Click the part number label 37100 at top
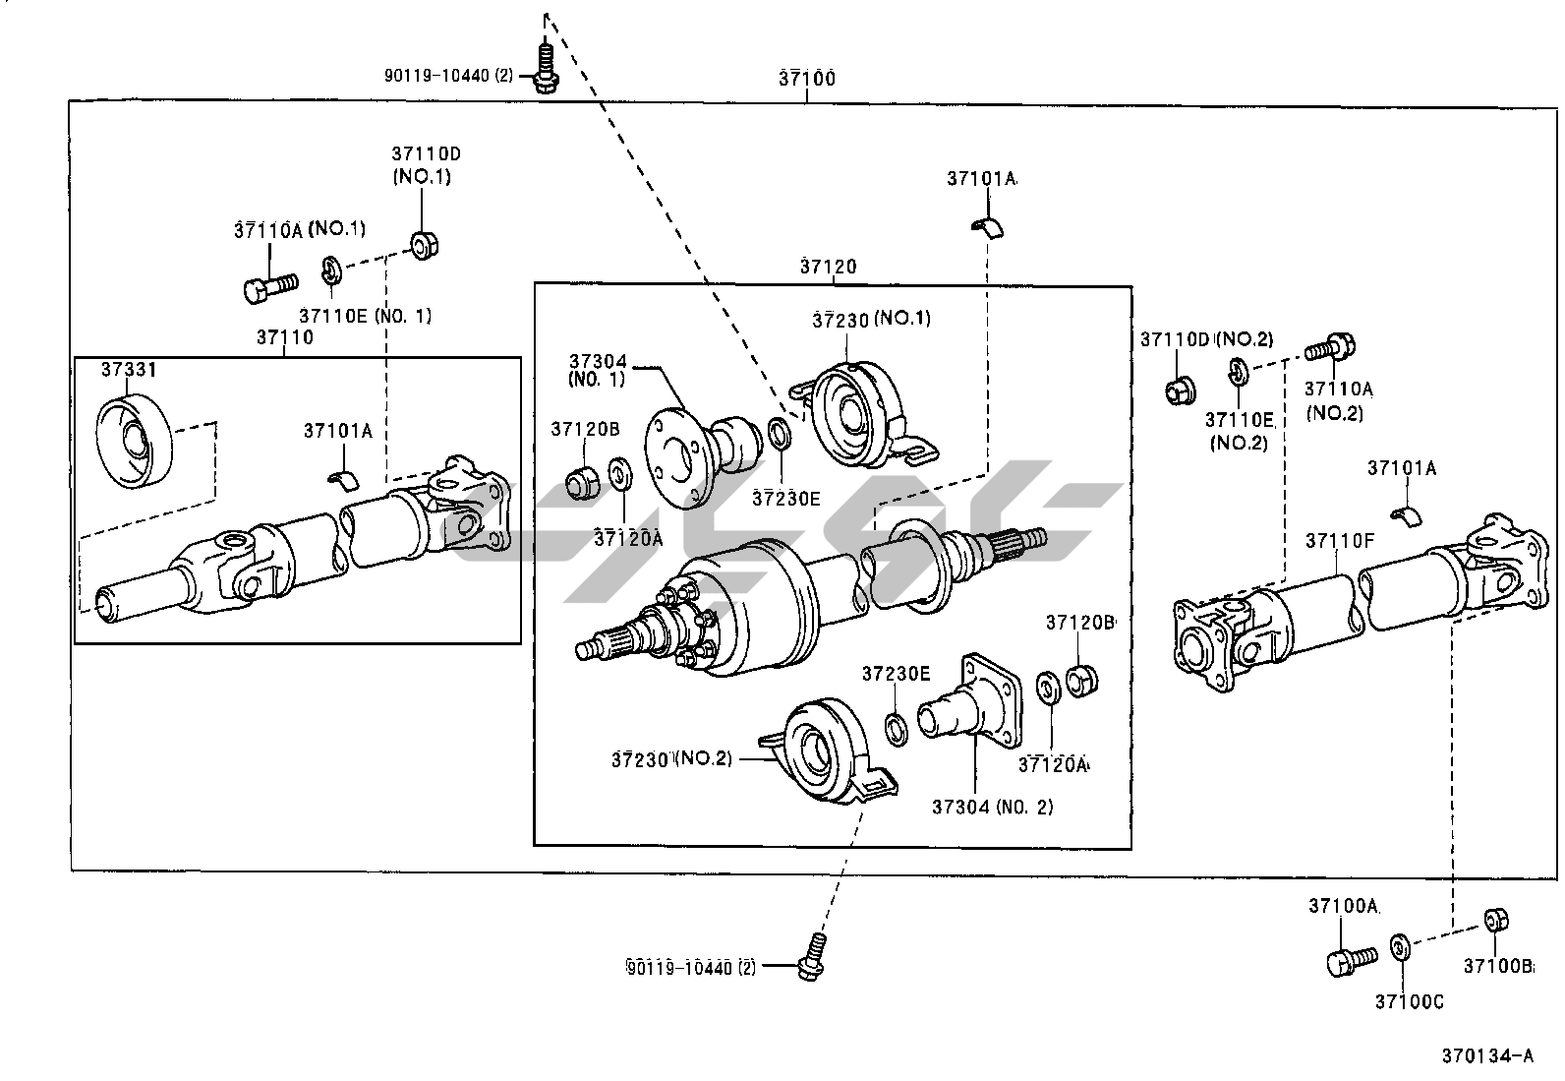click(807, 79)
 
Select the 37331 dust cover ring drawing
click(134, 441)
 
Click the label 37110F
click(1339, 541)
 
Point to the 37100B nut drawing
click(1495, 920)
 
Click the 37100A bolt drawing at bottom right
click(1352, 961)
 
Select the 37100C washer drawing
click(1400, 947)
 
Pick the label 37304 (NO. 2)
click(992, 807)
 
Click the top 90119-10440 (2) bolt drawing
click(546, 68)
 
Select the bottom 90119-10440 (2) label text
click(690, 968)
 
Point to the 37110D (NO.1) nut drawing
click(424, 244)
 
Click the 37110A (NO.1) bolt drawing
click(270, 287)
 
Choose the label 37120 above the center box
click(828, 267)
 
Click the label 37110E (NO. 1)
click(366, 316)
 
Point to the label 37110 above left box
click(285, 337)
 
